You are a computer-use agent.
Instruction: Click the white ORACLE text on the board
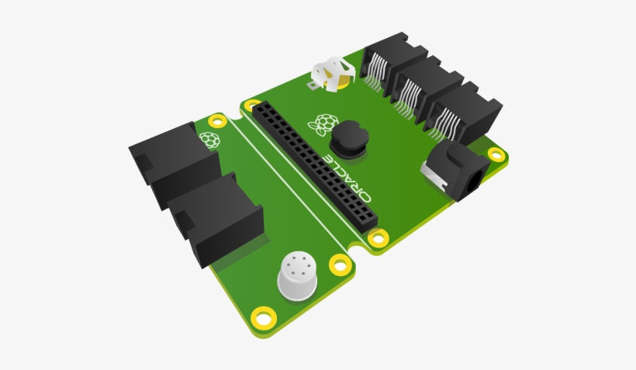pos(348,178)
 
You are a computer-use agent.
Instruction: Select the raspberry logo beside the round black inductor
pos(323,124)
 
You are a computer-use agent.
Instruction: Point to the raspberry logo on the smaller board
pos(209,140)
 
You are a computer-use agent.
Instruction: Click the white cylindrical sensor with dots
pos(297,276)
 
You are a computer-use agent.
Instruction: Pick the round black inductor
pos(349,139)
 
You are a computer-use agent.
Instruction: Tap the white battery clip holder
pos(334,74)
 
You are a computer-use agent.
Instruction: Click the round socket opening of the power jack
pos(474,181)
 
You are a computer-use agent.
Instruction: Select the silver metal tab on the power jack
pos(434,175)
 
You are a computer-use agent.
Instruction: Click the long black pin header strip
pos(315,166)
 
